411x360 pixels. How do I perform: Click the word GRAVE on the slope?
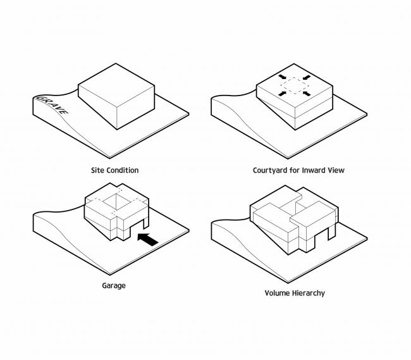click(52, 105)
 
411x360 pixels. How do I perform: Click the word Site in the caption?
click(97, 170)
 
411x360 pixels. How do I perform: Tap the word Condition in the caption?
click(121, 170)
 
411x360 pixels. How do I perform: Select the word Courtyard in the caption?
click(270, 171)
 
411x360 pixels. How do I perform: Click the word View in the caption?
click(336, 170)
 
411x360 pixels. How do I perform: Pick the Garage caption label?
click(114, 286)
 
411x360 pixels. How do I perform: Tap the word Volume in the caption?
click(278, 293)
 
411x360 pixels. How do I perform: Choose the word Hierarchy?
click(309, 293)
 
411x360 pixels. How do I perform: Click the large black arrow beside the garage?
click(148, 239)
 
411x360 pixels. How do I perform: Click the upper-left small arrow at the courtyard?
click(282, 77)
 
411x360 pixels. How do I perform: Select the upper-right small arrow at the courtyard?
click(307, 77)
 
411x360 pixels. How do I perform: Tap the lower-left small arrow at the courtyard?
click(282, 94)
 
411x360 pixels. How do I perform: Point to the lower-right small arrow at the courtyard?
click(307, 94)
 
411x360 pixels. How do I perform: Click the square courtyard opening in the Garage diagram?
click(116, 202)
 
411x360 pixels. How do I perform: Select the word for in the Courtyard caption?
click(295, 170)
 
